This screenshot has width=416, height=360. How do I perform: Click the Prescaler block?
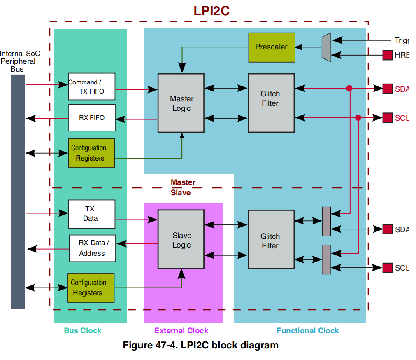click(x=272, y=47)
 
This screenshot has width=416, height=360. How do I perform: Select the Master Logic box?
click(x=181, y=103)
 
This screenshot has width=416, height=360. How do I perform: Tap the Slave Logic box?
click(x=181, y=240)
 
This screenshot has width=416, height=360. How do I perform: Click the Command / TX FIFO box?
click(x=92, y=86)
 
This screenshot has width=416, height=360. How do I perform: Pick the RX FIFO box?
click(x=92, y=118)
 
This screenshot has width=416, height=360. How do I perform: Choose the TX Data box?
click(x=91, y=214)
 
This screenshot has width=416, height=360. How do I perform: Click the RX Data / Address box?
click(x=92, y=248)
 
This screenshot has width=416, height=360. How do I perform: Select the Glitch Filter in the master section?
click(x=271, y=103)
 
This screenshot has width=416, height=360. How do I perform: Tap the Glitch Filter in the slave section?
click(x=271, y=240)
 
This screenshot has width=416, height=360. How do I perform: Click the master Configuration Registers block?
click(x=91, y=153)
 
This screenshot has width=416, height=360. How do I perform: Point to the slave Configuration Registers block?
click(x=91, y=288)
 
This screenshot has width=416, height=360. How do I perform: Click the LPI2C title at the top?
click(x=211, y=11)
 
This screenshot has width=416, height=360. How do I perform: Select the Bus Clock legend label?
click(x=82, y=331)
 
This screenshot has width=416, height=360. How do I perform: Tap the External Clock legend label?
click(x=181, y=331)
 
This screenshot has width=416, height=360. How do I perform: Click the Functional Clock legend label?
click(x=307, y=331)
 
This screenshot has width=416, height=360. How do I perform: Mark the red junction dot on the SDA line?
click(x=349, y=88)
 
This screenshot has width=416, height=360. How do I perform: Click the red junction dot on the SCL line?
click(x=358, y=117)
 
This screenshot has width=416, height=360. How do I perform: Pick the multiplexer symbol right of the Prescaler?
click(x=326, y=47)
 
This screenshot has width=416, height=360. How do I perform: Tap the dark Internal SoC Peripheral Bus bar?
click(x=18, y=192)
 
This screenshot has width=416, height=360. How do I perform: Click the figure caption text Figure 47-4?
click(x=200, y=345)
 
